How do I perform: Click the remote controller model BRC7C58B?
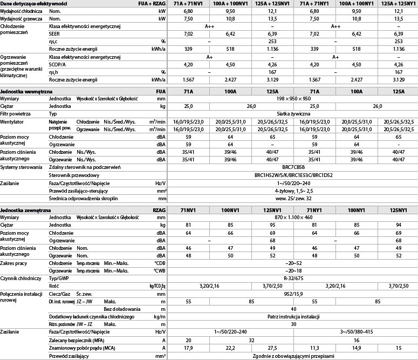coord(293,168)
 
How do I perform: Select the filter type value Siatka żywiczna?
coord(293,114)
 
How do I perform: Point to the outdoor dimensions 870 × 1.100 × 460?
coord(293,216)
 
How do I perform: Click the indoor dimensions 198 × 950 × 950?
coord(293,99)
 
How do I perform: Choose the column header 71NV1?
coord(188,209)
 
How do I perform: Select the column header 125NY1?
coord(399,209)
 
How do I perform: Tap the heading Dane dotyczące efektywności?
coord(34,4)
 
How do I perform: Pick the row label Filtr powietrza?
coord(16,114)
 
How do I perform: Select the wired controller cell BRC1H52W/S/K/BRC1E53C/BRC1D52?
coord(293,175)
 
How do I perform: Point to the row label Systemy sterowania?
coord(21,168)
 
